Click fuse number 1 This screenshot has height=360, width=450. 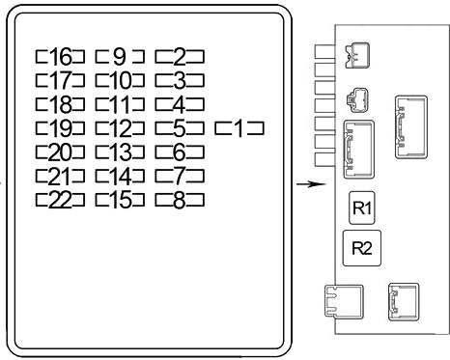point(239,128)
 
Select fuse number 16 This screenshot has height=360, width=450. point(60,56)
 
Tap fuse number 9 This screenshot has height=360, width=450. point(120,56)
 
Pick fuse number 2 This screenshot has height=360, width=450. point(180,56)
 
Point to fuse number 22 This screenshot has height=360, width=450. point(60,200)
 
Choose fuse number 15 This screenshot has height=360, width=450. point(120,200)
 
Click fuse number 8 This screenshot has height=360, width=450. point(180,200)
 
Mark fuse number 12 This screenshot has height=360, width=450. point(120,128)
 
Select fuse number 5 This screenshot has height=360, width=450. point(180,128)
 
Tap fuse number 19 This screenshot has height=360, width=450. point(60,128)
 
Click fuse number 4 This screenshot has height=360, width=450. point(180,104)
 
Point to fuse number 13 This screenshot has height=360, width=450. point(120,152)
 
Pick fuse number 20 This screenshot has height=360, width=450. point(60,152)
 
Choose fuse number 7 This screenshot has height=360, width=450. point(180,177)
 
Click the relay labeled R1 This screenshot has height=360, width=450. point(362,208)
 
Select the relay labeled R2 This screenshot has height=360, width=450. point(362,248)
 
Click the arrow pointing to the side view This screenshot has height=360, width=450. point(311,184)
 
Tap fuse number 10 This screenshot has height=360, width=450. point(120,80)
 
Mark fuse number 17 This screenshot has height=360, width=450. point(60,80)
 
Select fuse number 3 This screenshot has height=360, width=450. point(180,80)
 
